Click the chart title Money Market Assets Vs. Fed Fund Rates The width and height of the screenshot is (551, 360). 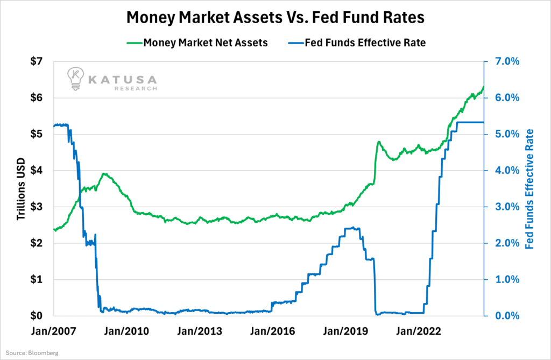pyautogui.click(x=275, y=18)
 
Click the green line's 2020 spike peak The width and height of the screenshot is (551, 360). pyautogui.click(x=379, y=142)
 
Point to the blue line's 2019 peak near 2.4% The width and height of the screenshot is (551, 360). pyautogui.click(x=352, y=228)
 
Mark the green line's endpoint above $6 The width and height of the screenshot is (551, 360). pyautogui.click(x=483, y=87)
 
